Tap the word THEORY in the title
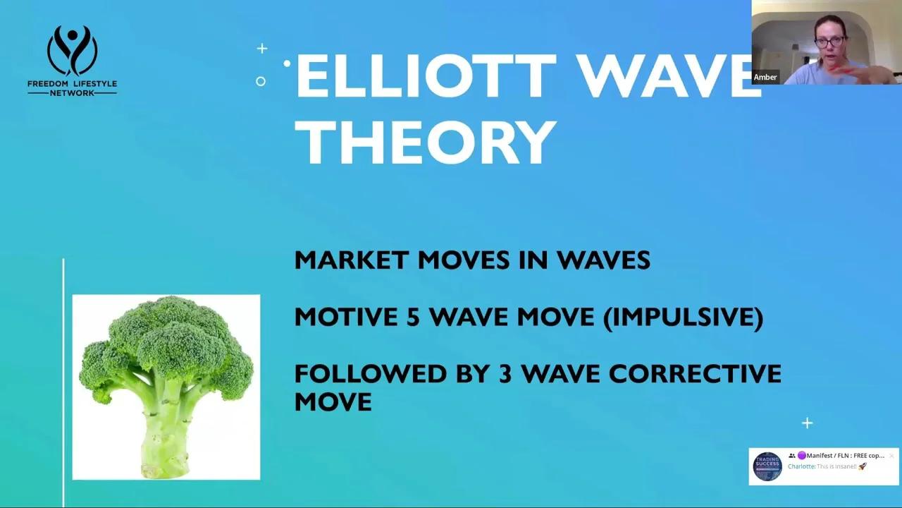click(x=426, y=142)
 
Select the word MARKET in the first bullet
click(x=351, y=260)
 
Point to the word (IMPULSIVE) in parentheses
click(x=683, y=317)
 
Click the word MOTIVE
click(x=346, y=317)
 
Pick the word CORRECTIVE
click(x=695, y=374)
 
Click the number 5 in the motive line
click(x=413, y=317)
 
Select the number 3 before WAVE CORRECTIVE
click(x=505, y=374)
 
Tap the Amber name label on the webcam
click(x=765, y=78)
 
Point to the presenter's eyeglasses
click(x=829, y=42)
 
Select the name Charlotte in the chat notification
click(x=801, y=466)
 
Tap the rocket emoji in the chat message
click(x=863, y=466)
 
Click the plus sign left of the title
click(x=262, y=49)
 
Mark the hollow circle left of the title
click(x=261, y=82)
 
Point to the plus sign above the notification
click(x=807, y=423)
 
